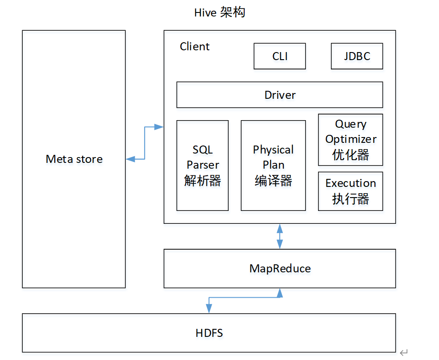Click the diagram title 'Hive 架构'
point(219,12)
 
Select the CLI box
point(279,56)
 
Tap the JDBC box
point(357,56)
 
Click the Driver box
point(279,95)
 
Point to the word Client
point(194,47)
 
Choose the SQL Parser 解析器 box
point(202,165)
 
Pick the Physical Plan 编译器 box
point(273,165)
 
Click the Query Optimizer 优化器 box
point(350,140)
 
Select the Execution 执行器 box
point(350,191)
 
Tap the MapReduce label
point(280,268)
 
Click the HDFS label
point(209,333)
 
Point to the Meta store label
point(74,159)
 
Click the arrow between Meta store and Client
point(145,142)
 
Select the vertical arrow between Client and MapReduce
point(280,236)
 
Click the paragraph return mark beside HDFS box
point(403,352)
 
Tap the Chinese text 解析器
point(202,180)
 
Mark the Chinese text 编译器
point(273,180)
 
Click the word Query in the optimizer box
point(350,124)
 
